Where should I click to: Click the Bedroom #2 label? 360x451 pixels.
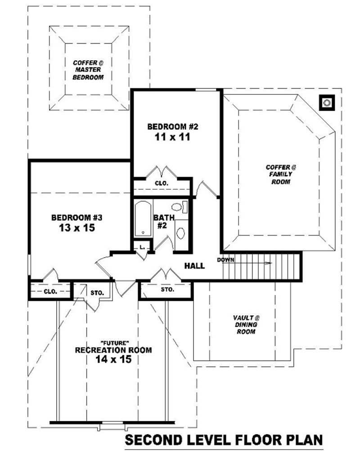pos(173,127)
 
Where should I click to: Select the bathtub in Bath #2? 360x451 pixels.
pos(143,219)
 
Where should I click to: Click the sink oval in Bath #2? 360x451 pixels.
pos(180,233)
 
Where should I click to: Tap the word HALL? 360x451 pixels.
pos(194,266)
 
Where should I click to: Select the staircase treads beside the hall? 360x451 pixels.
pos(261,266)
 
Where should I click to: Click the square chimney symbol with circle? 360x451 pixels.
pos(326,103)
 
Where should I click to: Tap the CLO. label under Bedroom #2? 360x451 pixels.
pos(161,183)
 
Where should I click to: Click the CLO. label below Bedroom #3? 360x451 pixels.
pos(50,291)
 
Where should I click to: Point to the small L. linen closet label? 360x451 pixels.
pos(142,247)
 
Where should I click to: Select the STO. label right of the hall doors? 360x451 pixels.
pos(167,290)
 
